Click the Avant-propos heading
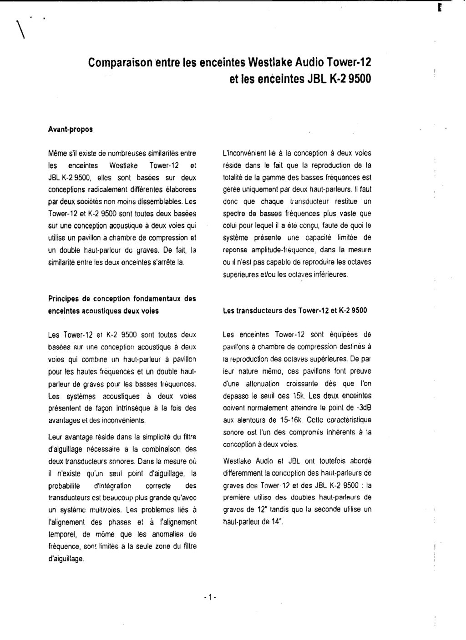tap(70, 129)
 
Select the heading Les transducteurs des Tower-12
tap(295, 311)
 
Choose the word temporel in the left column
tap(62, 534)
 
